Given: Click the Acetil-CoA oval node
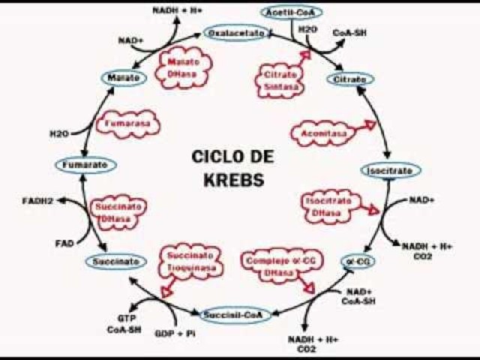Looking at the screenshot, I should pos(292,12).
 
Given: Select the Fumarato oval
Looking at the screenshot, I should pos(85,164).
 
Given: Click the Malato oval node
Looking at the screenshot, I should pos(122,77).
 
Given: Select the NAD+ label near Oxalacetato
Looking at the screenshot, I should pos(131,40).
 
